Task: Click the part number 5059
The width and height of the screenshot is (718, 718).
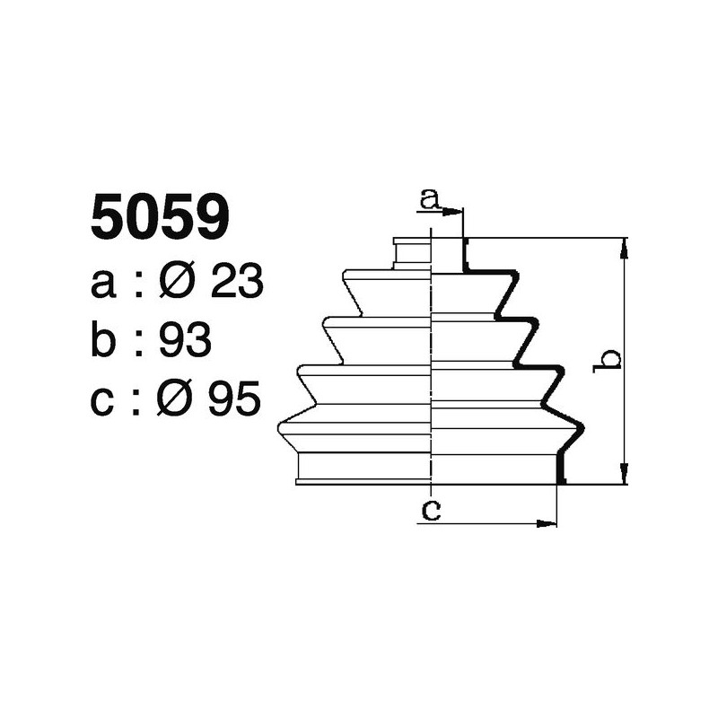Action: tap(161, 218)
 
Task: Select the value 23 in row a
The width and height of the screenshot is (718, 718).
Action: tap(236, 284)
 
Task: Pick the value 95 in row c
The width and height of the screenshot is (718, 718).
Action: tap(234, 399)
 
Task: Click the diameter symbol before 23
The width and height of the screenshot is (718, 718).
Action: tap(179, 284)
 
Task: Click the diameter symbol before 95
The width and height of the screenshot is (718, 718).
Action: tap(177, 399)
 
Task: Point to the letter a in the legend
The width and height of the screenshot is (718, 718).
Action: tap(103, 285)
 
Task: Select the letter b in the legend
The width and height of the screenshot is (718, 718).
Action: tap(104, 341)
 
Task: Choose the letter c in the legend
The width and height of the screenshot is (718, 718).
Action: tap(103, 401)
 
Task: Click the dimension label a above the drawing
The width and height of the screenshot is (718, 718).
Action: tap(430, 198)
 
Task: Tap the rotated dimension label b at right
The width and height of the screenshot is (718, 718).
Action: tap(610, 359)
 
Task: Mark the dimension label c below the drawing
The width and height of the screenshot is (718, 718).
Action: tap(431, 510)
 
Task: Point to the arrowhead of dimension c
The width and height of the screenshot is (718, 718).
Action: tap(548, 522)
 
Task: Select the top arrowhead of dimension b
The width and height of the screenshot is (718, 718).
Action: tap(625, 247)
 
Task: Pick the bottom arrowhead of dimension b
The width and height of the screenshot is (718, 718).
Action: tap(625, 476)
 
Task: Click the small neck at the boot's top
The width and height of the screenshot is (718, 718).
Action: tap(413, 253)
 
